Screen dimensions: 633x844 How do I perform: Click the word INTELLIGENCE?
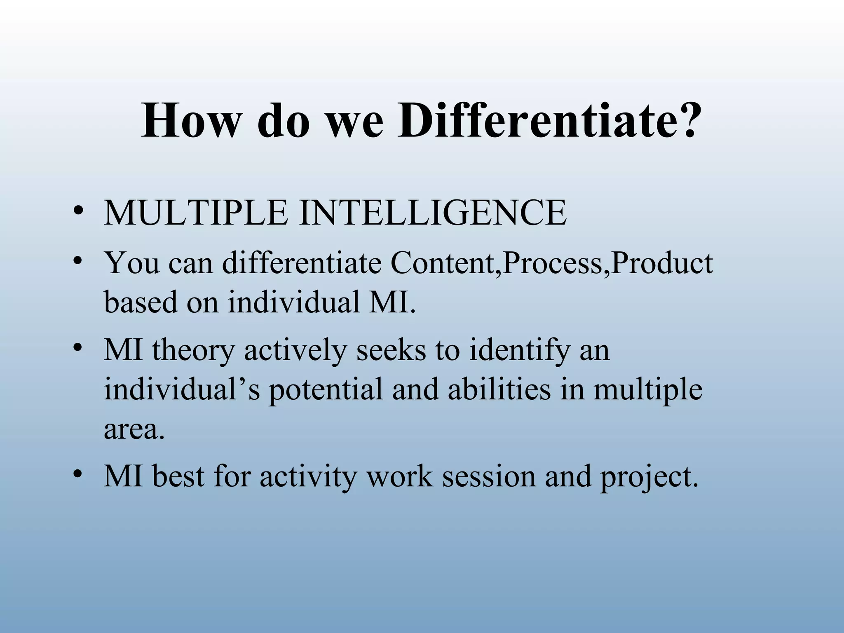pos(433,213)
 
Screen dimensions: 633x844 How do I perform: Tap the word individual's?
pos(181,390)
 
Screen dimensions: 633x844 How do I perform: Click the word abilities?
pos(499,390)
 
